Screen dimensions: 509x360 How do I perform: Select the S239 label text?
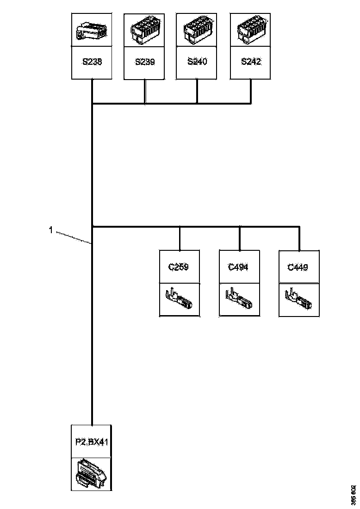145,62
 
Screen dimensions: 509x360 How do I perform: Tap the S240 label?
197,62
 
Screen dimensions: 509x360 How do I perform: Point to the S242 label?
251,62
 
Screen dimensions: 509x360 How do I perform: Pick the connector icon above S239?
145,30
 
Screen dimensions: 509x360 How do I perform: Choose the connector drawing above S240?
198,30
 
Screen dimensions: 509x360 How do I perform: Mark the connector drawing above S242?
251,30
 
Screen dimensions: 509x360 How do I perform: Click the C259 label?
179,267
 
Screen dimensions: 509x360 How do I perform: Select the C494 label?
239,267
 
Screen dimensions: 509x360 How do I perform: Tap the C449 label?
298,267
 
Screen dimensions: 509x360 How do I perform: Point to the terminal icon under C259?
179,299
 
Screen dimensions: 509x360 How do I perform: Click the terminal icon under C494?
239,299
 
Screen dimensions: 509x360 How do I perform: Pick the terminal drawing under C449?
298,299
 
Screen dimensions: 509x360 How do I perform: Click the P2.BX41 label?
91,442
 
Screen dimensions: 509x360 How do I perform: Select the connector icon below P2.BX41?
91,473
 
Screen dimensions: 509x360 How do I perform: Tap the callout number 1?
51,229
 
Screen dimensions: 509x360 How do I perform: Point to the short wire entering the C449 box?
299,239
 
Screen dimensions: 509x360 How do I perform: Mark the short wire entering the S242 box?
251,91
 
